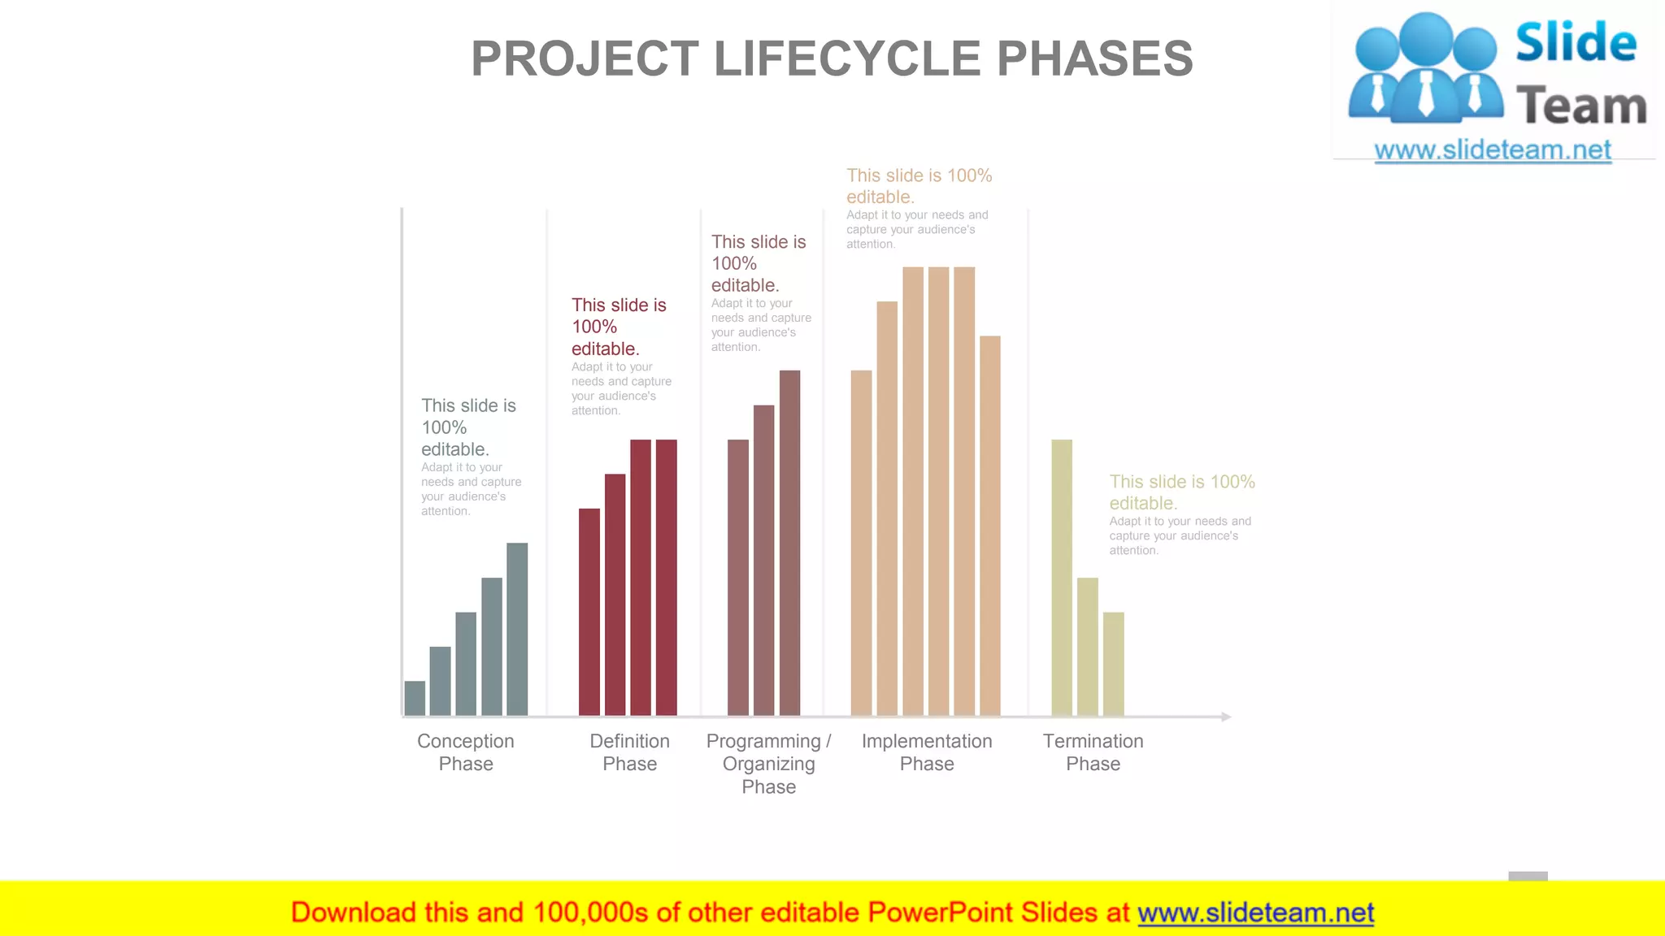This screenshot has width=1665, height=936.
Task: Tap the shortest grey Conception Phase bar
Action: [x=415, y=698]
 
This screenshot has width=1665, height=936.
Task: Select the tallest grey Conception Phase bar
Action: [x=517, y=629]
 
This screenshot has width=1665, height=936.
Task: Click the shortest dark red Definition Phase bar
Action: [x=589, y=612]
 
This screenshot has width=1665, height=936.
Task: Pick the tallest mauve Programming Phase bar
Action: [x=789, y=543]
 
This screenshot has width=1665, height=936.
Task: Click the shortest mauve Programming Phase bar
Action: [x=738, y=577]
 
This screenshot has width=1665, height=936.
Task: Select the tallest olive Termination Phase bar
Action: [x=1062, y=577]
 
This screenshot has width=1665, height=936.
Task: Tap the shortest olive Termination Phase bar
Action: [x=1113, y=663]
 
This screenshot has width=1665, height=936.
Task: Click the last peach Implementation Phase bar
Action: [x=989, y=525]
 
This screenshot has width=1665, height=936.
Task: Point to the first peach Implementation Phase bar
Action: [x=861, y=543]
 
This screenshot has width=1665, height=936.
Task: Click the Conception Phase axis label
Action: [x=466, y=752]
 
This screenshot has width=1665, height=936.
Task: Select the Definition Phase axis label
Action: [x=629, y=752]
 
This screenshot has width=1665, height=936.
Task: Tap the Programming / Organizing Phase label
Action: [x=768, y=764]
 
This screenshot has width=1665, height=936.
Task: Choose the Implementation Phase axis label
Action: [x=927, y=752]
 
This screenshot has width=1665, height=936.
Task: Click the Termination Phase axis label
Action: [x=1093, y=752]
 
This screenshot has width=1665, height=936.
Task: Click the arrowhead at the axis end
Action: [x=1226, y=717]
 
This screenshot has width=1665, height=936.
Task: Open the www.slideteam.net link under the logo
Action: [x=1493, y=150]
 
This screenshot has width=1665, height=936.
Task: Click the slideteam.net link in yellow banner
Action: [x=1255, y=913]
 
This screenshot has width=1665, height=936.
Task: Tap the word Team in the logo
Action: [x=1580, y=106]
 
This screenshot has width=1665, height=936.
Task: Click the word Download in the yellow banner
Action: [x=354, y=913]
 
